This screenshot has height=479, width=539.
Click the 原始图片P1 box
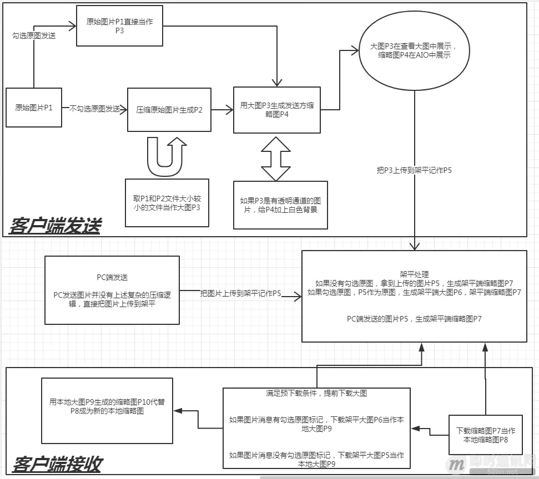pyautogui.click(x=34, y=108)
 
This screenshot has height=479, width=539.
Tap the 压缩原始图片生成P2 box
pyautogui.click(x=169, y=110)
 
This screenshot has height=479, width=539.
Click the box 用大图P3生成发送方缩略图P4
pyautogui.click(x=276, y=110)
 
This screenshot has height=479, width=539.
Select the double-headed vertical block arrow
pyautogui.click(x=276, y=158)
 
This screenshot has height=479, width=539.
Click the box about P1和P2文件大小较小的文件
pyautogui.click(x=167, y=202)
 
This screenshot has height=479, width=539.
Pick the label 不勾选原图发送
pyautogui.click(x=95, y=109)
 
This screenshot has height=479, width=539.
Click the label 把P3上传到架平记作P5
pyautogui.click(x=414, y=170)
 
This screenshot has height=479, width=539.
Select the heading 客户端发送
pyautogui.click(x=56, y=226)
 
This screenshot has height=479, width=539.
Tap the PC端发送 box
pyautogui.click(x=112, y=290)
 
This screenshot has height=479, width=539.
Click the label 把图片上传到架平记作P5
pyautogui.click(x=241, y=293)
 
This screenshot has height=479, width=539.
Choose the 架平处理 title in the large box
pyautogui.click(x=414, y=273)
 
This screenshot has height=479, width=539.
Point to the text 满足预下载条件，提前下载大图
pyautogui.click(x=316, y=394)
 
